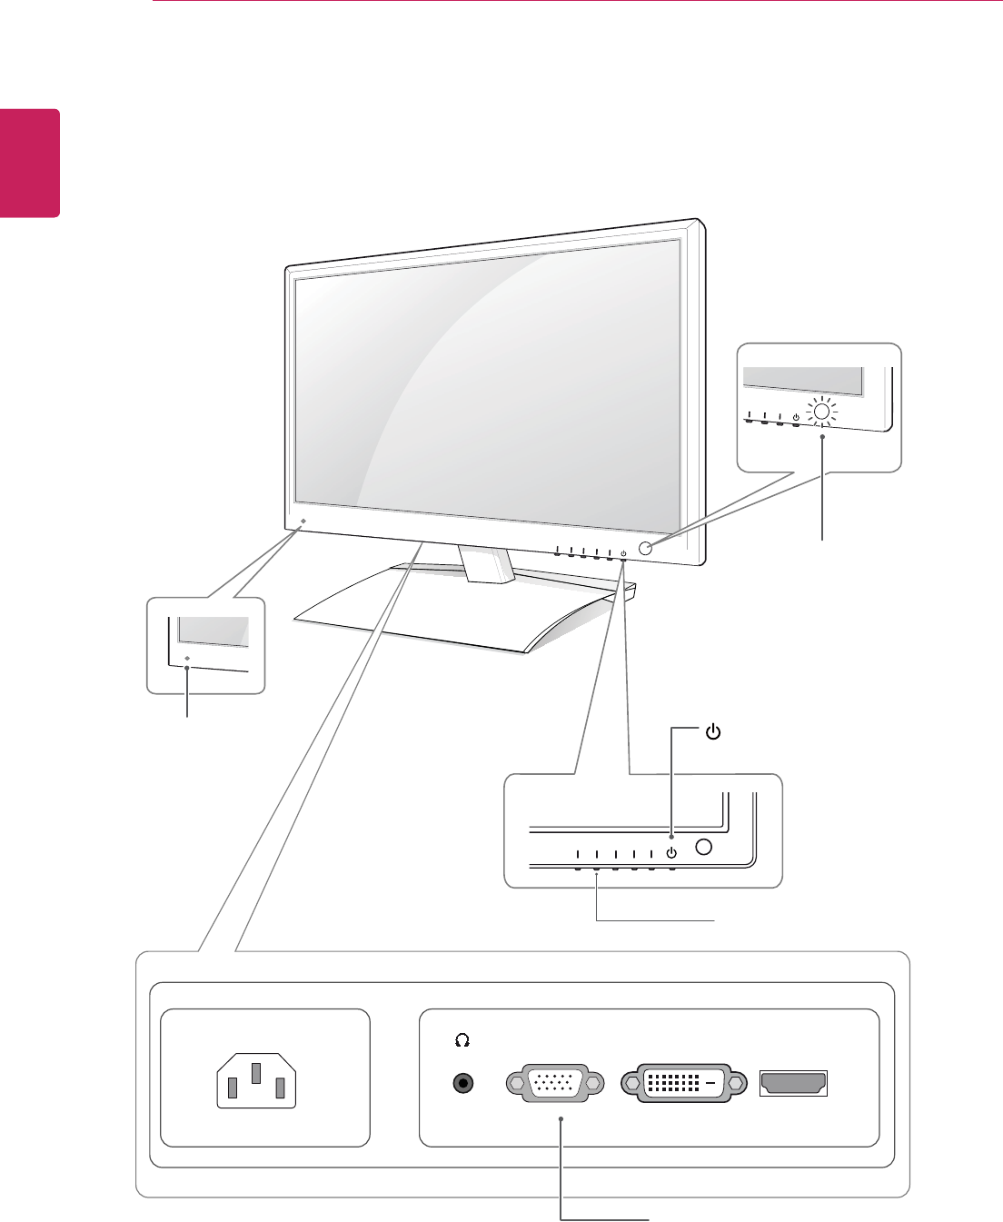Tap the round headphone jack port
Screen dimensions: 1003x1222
click(x=465, y=1083)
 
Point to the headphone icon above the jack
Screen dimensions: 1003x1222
click(x=462, y=1038)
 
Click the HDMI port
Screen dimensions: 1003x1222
click(x=793, y=1083)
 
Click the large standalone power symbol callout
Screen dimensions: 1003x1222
click(x=713, y=731)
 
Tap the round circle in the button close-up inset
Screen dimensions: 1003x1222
click(x=703, y=847)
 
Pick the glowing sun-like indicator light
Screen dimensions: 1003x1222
click(x=822, y=412)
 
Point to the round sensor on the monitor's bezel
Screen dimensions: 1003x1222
click(x=647, y=548)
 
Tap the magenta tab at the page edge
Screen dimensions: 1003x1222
click(x=30, y=164)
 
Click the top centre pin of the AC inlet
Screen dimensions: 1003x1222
click(x=257, y=1073)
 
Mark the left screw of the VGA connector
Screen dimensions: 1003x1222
click(x=517, y=1084)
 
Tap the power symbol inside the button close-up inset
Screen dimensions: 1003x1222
click(x=671, y=852)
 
